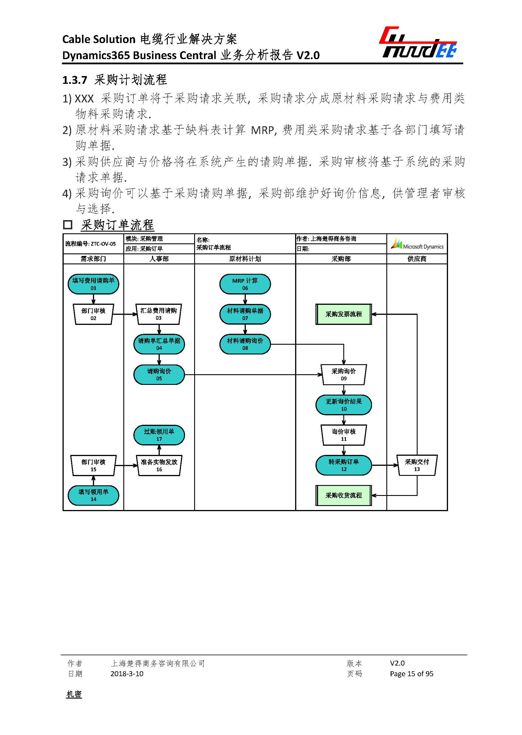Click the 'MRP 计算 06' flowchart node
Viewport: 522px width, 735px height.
tap(245, 284)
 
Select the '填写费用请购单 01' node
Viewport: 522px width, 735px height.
tap(93, 284)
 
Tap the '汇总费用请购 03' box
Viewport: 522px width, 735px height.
tap(159, 314)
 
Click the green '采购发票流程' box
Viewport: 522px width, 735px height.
tap(344, 314)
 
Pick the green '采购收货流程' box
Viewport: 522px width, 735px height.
tap(344, 495)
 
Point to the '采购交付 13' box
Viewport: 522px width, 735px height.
tap(417, 465)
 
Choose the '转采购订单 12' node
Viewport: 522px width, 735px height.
tap(344, 465)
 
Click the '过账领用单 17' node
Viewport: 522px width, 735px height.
tap(159, 435)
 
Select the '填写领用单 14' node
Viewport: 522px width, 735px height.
tap(93, 495)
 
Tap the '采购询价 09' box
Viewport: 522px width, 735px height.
tap(344, 375)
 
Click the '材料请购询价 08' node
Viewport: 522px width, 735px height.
tap(245, 344)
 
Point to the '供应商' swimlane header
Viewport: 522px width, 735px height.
tap(417, 259)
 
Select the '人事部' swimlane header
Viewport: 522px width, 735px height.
tap(159, 259)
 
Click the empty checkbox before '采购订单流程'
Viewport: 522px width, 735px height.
tap(67, 224)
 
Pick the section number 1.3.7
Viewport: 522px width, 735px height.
tap(75, 80)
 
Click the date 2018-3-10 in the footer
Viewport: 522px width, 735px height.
tap(127, 674)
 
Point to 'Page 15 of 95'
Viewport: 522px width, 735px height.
tap(411, 674)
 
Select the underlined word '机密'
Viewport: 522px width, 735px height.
tap(74, 694)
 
